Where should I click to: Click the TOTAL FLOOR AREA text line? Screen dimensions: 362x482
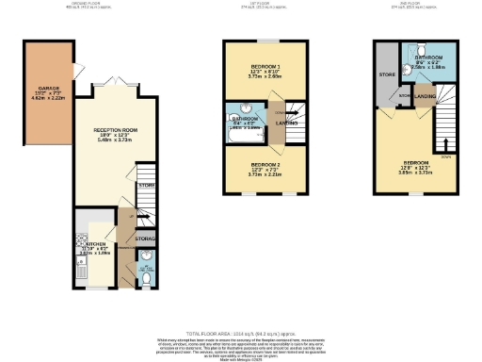(x=241, y=334)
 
